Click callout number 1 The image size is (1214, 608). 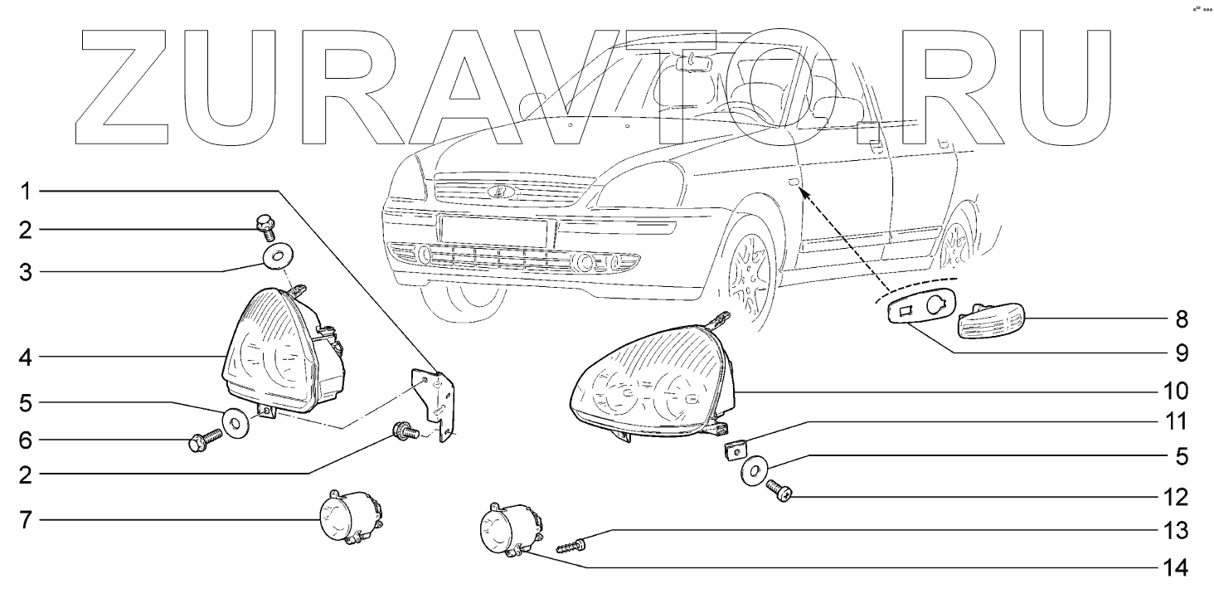coord(26,192)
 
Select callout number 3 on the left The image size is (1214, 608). coord(26,272)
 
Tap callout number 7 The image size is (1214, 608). coord(26,520)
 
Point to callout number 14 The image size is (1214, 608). coord(1176,568)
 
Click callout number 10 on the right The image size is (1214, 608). coord(1176,391)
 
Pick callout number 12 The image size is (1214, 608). coord(1176,497)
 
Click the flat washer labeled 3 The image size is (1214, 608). coord(278,255)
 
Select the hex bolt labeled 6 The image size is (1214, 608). coord(206,440)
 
